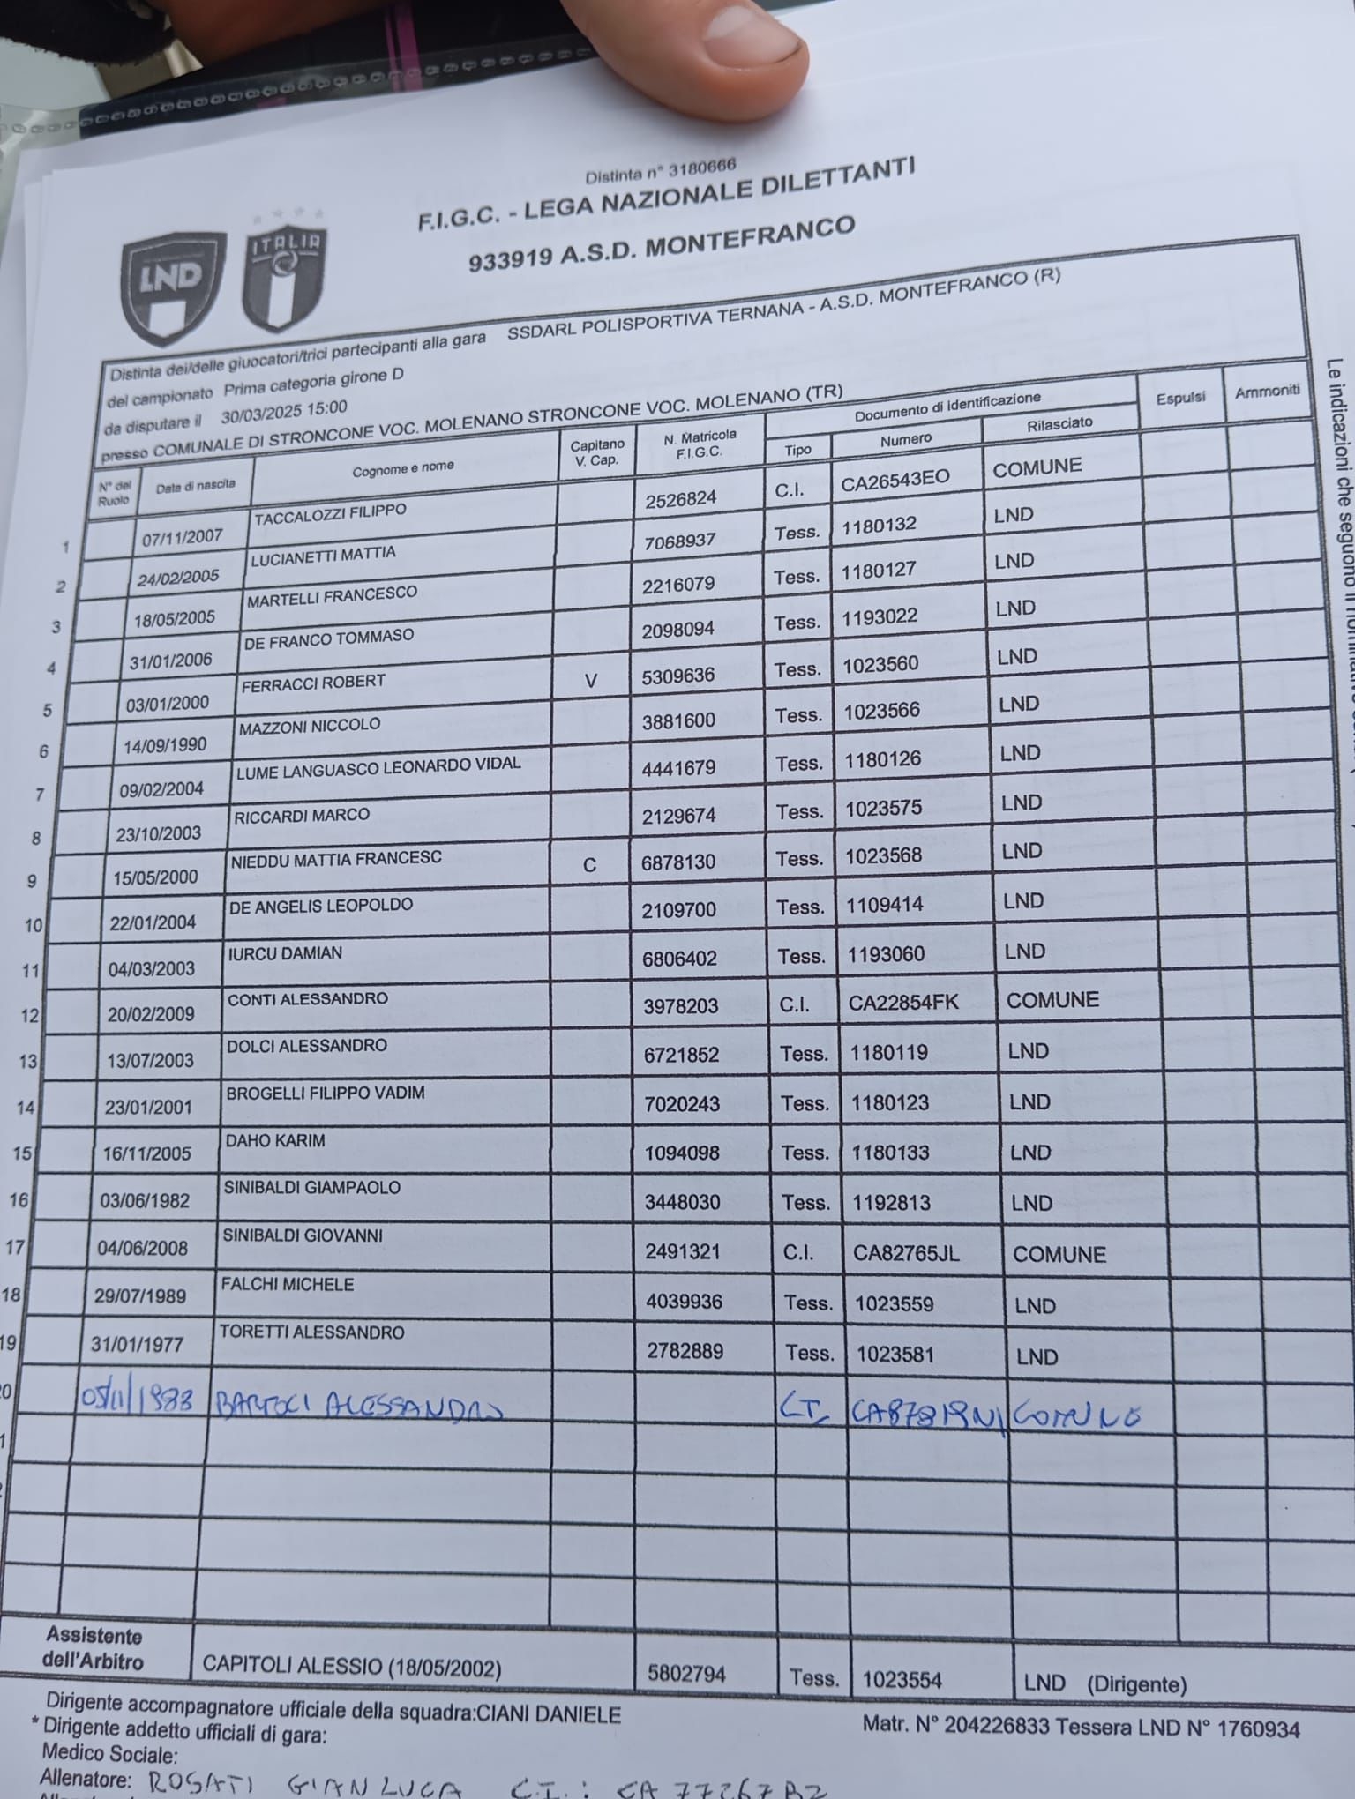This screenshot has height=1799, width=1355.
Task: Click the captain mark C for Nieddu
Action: pos(589,864)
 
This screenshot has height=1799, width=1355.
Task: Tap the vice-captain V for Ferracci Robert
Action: pos(591,681)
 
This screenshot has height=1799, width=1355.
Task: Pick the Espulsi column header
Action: pos(1180,398)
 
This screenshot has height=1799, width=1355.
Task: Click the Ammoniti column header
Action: pos(1267,392)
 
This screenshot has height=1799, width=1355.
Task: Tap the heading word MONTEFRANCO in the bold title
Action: pos(750,237)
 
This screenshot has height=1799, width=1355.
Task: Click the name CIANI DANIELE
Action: pos(548,1714)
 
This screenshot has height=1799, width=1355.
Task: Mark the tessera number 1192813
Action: pos(892,1202)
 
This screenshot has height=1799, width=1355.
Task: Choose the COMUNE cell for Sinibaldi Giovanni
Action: pos(1059,1254)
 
